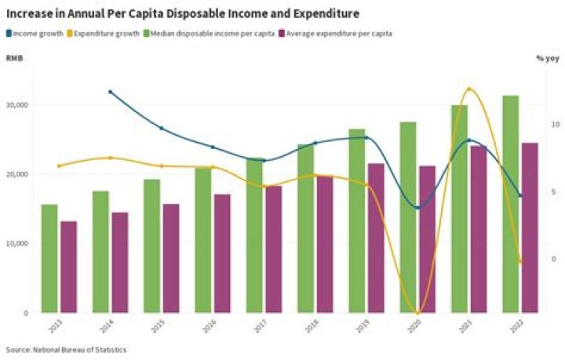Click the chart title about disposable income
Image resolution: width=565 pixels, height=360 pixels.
(184, 14)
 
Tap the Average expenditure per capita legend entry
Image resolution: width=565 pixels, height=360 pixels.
(340, 33)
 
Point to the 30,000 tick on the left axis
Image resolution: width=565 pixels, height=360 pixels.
(17, 105)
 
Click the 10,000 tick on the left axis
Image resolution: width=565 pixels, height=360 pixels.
(17, 244)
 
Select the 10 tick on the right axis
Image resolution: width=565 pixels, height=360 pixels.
(555, 125)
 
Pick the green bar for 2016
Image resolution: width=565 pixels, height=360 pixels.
(202, 239)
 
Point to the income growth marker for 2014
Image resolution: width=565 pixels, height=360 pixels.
(110, 92)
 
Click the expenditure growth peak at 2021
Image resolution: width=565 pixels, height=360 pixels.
(468, 89)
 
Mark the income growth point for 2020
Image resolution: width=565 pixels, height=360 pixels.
(417, 208)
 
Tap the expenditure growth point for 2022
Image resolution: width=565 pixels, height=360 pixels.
(519, 261)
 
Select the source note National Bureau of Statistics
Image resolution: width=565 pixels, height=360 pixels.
(66, 350)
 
